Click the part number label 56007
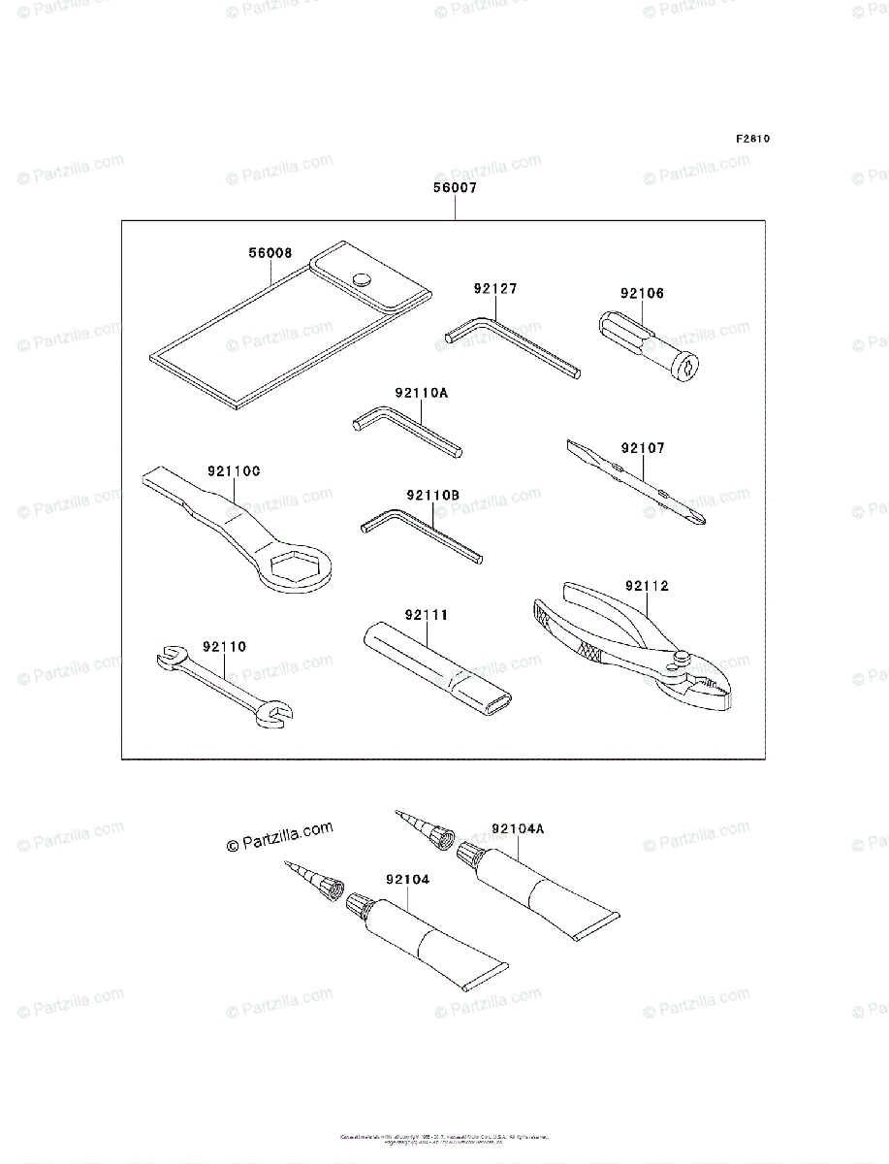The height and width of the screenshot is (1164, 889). [x=454, y=190]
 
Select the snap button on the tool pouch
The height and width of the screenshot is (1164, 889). [x=364, y=278]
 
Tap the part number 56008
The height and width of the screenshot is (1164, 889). [x=270, y=252]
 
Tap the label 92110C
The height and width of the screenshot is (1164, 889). [x=233, y=471]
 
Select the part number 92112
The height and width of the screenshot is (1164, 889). [x=647, y=586]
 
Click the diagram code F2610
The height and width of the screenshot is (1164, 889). [x=751, y=139]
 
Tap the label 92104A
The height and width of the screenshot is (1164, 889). [x=518, y=828]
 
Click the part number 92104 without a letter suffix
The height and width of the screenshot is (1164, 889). [x=407, y=880]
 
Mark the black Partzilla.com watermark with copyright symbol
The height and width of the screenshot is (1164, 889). [x=280, y=836]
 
